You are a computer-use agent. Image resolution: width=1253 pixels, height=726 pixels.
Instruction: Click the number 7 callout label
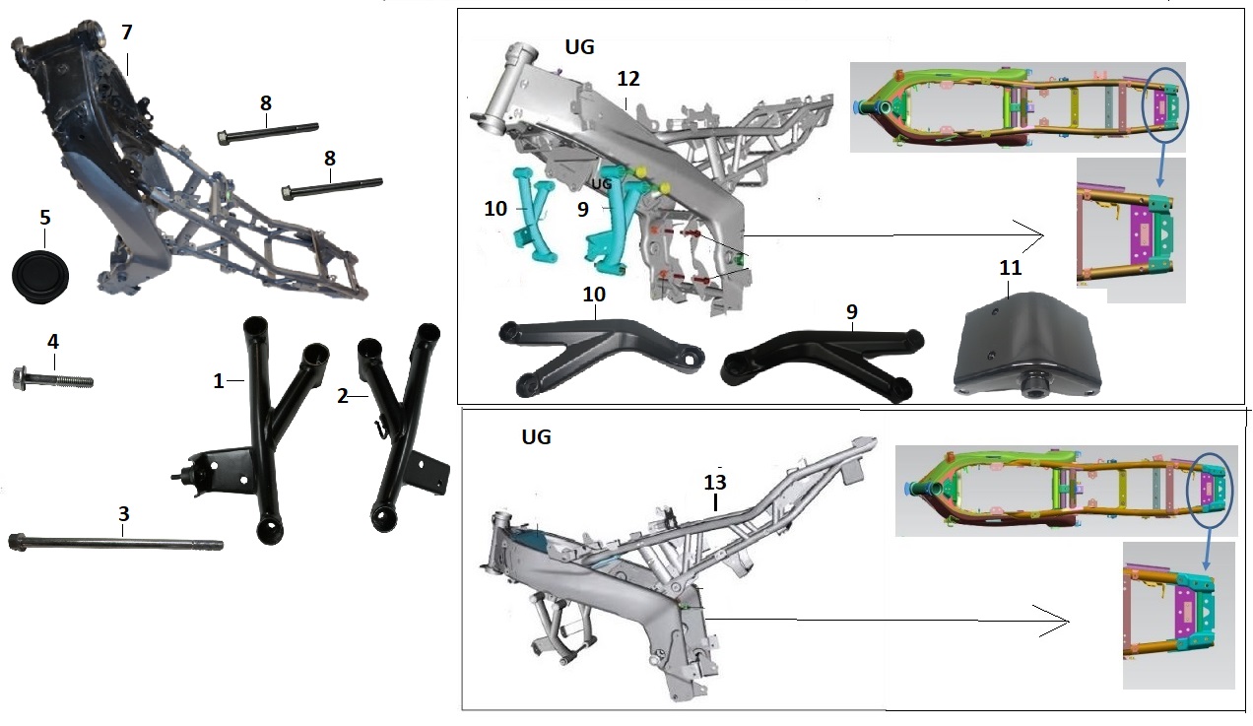126,33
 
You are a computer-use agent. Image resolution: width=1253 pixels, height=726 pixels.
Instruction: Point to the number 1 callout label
219,381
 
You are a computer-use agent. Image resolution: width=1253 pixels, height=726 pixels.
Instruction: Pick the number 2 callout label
342,396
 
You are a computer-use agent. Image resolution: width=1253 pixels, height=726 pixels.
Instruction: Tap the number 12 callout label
628,78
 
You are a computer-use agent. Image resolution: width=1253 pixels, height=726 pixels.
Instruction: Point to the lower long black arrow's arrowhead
1059,622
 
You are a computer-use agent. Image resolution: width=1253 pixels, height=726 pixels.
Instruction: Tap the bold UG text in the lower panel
535,436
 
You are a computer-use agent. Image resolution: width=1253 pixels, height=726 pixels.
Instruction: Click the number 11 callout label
1010,268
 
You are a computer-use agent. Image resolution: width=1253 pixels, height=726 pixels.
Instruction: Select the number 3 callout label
123,513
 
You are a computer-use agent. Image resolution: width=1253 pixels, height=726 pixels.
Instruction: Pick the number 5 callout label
44,217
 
